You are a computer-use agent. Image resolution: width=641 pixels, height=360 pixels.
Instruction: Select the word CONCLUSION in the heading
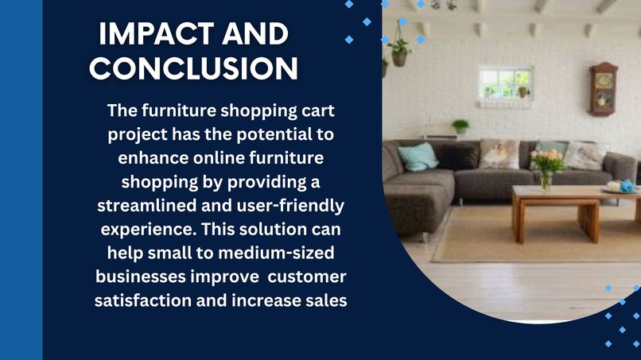click(194, 68)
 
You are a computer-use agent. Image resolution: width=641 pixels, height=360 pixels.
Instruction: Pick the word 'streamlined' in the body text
click(142, 206)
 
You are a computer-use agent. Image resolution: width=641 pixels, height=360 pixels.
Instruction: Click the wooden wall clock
click(603, 88)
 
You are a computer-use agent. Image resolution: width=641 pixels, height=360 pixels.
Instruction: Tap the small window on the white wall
click(505, 82)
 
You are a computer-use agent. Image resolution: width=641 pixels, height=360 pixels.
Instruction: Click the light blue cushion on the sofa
click(418, 157)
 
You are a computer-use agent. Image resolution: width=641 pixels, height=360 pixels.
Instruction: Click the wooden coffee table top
click(573, 193)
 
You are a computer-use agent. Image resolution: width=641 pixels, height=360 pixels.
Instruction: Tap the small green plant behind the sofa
click(460, 126)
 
